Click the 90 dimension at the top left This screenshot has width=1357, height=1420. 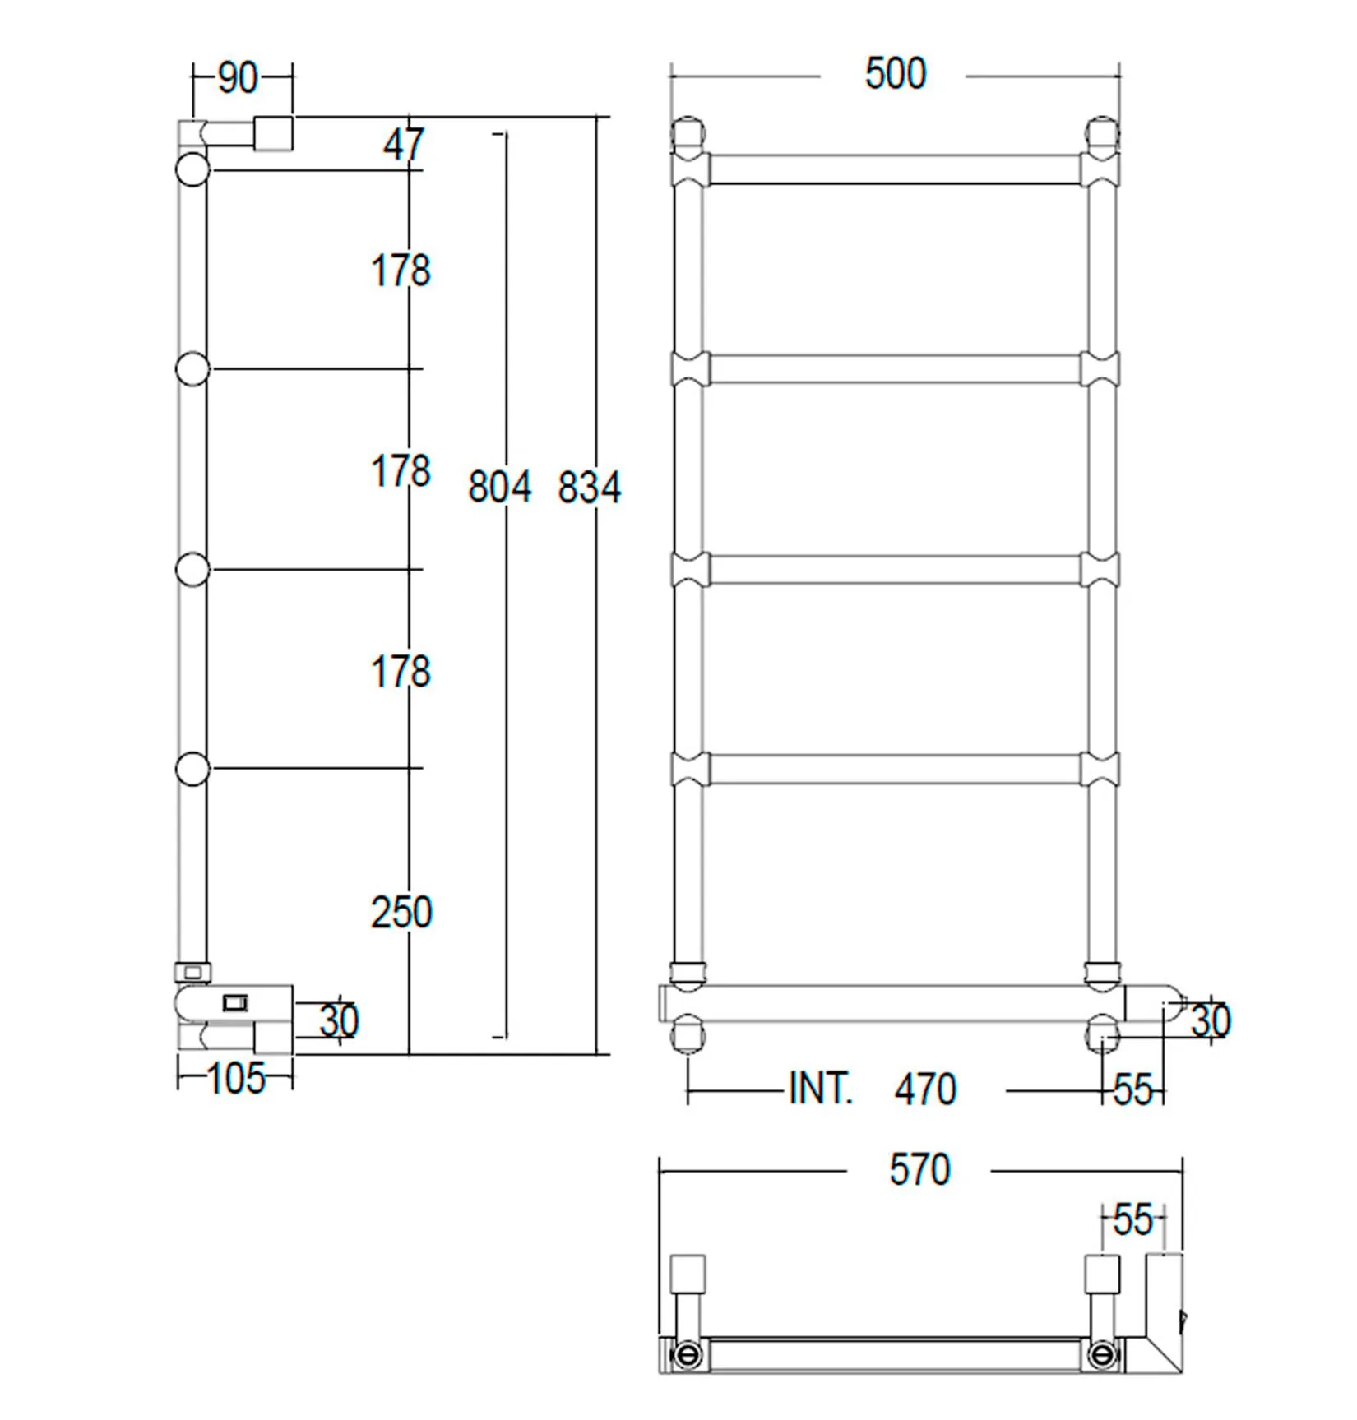pos(238,78)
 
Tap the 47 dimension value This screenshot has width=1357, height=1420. pos(404,145)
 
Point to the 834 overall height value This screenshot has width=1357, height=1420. pos(590,487)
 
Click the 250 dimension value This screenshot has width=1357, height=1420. pos(401,912)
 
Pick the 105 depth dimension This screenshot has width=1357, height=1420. pos(236,1078)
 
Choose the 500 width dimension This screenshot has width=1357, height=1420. pos(896,73)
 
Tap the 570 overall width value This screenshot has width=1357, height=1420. pos(919,1169)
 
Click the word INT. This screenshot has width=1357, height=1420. pos(821,1089)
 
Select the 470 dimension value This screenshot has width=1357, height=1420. pos(926,1089)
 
